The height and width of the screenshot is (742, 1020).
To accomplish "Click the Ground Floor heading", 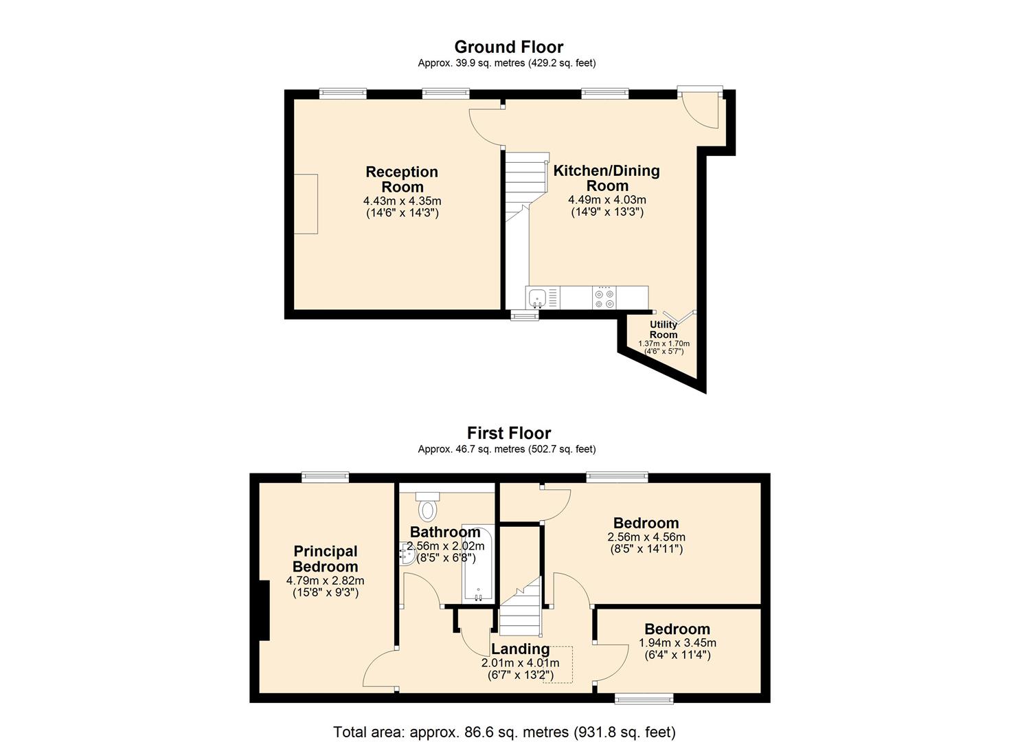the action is click(509, 47).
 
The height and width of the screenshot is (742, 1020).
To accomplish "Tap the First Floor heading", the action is click(509, 433).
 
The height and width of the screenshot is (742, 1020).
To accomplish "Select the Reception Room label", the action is click(402, 179).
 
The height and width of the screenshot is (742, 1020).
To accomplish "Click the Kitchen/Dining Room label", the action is click(607, 178).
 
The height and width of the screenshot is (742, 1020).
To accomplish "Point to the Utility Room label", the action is click(664, 329).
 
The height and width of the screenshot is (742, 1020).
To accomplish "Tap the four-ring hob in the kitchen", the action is click(604, 298).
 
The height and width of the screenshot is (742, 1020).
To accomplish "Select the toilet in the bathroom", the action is click(428, 506).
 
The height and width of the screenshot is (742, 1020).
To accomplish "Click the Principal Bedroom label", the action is click(325, 559).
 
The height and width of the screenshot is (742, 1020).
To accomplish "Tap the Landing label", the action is click(520, 649).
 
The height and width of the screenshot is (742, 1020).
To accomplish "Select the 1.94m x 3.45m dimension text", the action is click(677, 642).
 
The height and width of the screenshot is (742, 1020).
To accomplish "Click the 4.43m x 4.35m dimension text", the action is click(402, 201).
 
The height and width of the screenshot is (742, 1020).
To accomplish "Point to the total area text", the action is click(505, 720).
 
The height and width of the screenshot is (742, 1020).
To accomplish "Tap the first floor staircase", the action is click(521, 606).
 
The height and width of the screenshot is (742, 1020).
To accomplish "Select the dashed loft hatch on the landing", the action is click(558, 664).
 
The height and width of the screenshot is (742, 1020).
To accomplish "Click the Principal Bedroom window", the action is click(325, 477).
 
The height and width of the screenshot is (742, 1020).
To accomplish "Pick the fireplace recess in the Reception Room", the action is click(306, 204).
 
